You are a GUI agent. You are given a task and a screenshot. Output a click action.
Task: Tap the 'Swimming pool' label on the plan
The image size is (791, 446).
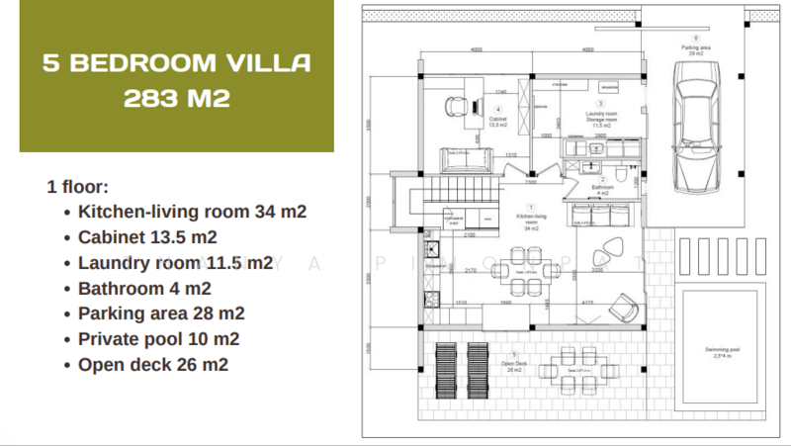(x=724, y=352)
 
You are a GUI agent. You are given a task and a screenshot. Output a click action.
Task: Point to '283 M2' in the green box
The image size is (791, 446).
(x=177, y=99)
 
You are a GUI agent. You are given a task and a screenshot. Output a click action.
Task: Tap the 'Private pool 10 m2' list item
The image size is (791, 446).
(x=158, y=339)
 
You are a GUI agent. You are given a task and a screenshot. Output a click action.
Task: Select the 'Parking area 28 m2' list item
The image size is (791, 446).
(x=161, y=313)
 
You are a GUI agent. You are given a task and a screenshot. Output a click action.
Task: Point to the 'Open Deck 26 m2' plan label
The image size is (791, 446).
(x=514, y=365)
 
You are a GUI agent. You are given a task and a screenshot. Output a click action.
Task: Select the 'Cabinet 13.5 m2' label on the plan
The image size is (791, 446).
(x=498, y=121)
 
